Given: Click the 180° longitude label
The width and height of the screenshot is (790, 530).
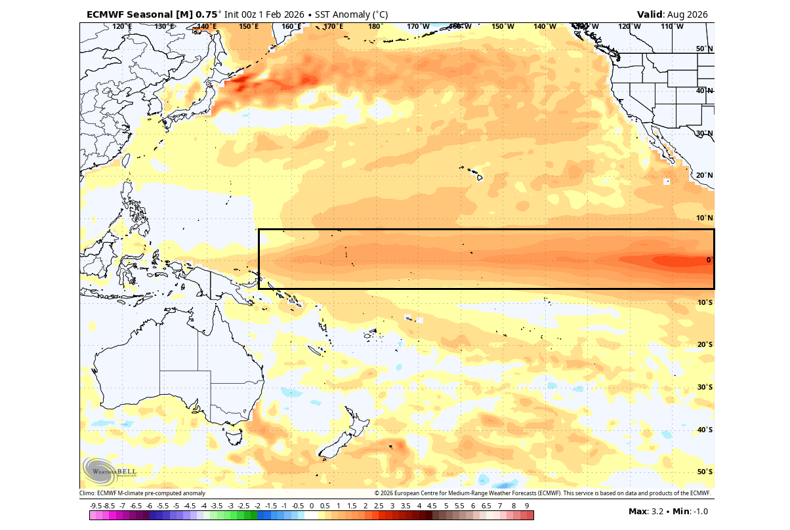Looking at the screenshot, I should tap(375, 26).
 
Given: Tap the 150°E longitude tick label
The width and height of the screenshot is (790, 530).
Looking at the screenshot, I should tap(249, 26).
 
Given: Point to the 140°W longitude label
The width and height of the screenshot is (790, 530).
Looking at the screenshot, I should tap(545, 26).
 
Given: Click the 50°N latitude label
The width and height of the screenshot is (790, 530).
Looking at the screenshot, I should tap(704, 49).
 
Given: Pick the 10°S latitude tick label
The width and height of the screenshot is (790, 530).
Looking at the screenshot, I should tap(704, 302).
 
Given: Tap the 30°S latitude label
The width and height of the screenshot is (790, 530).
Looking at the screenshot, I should tap(704, 387).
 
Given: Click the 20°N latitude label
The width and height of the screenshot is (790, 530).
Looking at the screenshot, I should tap(704, 175).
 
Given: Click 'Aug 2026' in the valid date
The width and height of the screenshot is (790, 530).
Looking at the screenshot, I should tap(687, 14).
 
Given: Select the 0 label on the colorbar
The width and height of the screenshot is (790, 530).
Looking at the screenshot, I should tap(312, 506).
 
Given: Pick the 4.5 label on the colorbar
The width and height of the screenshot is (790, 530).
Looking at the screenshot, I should tap(432, 506).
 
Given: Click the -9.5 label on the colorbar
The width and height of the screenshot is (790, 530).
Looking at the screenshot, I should tap(96, 506).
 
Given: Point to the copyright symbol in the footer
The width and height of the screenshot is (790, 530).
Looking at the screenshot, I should tap(377, 493).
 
